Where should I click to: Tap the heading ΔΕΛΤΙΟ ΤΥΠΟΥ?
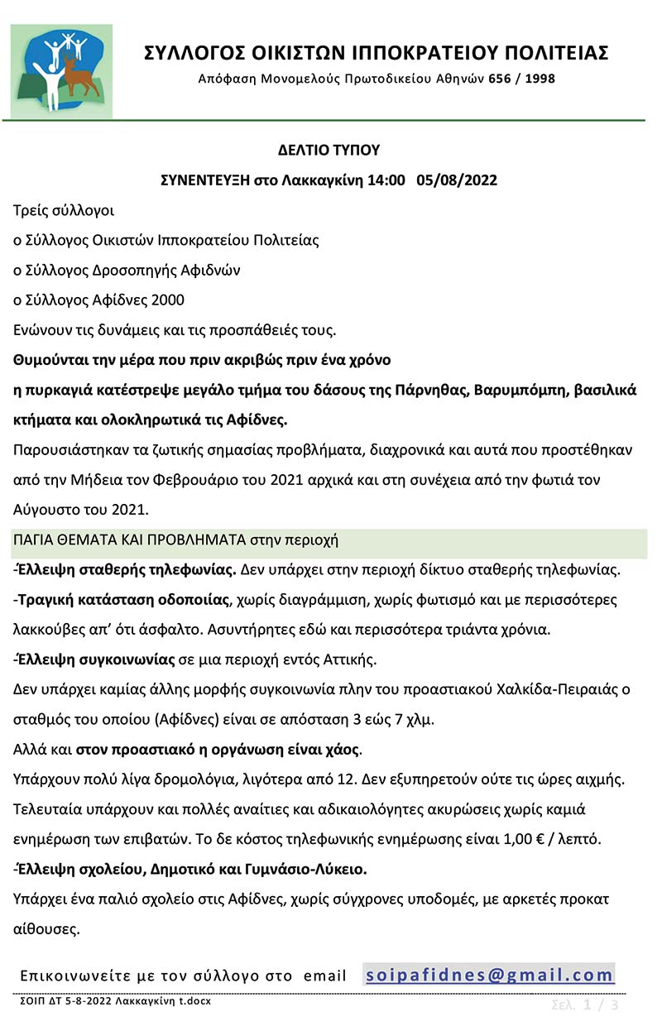pos(329,150)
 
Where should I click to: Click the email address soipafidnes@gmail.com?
pos(489,975)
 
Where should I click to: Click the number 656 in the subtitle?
pos(500,79)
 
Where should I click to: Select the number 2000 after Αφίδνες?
pos(163,300)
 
